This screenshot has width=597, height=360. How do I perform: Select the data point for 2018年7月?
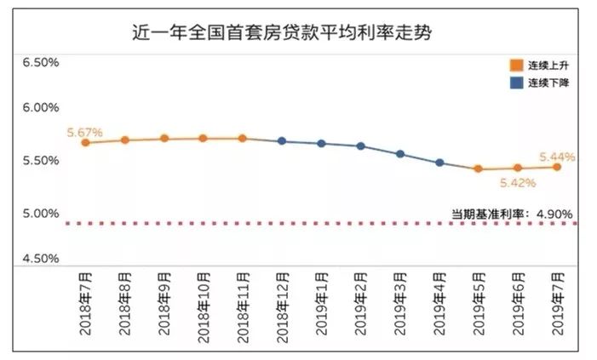coord(85,143)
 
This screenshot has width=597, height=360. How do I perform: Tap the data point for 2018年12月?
coord(282,141)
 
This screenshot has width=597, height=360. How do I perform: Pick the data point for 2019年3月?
coord(400,154)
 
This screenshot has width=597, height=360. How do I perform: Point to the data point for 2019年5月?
coord(479,169)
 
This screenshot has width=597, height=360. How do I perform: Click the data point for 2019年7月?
coord(557,167)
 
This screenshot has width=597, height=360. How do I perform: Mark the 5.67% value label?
coord(85,132)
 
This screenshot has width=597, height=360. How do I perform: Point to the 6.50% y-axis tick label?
coord(42,63)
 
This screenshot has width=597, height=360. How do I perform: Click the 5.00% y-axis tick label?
coord(42,213)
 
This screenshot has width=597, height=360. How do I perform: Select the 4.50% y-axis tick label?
coord(42,258)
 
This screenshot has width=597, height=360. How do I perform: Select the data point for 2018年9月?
coord(164,139)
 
